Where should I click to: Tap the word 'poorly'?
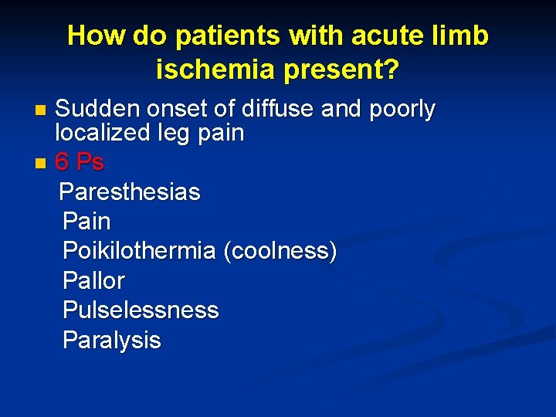401,110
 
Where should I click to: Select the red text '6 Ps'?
80,163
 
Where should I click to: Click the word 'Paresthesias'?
130,192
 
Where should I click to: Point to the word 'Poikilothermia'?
139,252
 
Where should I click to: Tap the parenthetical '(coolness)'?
280,252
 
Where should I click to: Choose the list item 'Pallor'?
93,280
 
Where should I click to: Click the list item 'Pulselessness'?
141,310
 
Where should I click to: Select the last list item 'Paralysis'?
112,341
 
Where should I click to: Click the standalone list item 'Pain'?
86,222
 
